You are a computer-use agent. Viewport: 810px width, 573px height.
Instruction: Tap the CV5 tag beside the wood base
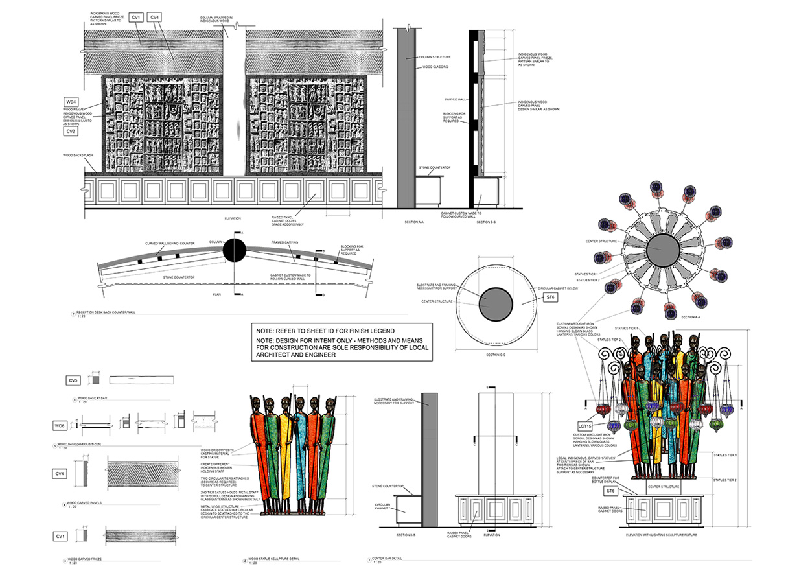[73, 380]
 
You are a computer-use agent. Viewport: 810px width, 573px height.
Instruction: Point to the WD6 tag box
[60, 425]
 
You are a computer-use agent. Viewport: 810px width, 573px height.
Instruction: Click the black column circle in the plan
[235, 250]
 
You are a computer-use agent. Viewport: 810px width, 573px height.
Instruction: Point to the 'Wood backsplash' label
[76, 156]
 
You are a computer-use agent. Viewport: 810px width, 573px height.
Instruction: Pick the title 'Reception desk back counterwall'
[106, 312]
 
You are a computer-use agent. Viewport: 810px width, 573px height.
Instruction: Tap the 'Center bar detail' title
[388, 557]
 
